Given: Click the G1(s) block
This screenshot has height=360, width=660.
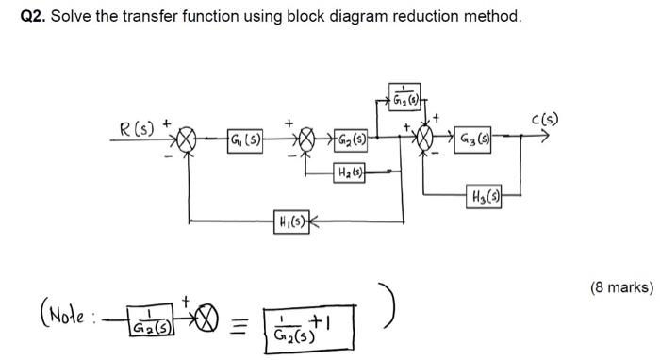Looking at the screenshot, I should [246, 142].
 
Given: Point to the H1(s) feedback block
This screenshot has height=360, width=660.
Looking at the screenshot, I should [289, 222].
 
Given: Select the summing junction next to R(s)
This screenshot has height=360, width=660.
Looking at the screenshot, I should [187, 142].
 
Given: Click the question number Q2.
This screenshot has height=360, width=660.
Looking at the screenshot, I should [35, 18].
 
